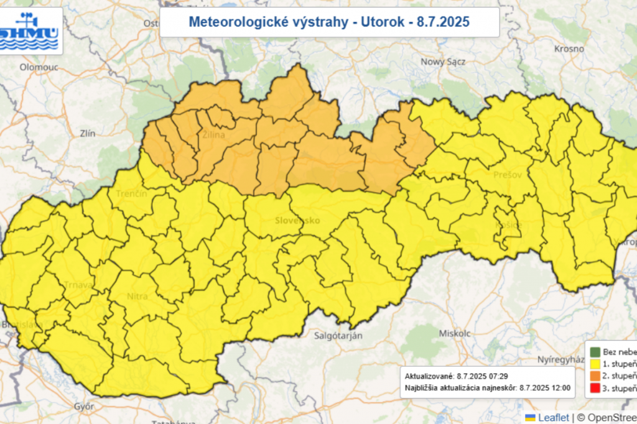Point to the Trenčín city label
click(131, 194)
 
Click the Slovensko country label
click(297, 221)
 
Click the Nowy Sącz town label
click(444, 62)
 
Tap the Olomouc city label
click(39, 67)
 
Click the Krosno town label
click(569, 48)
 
